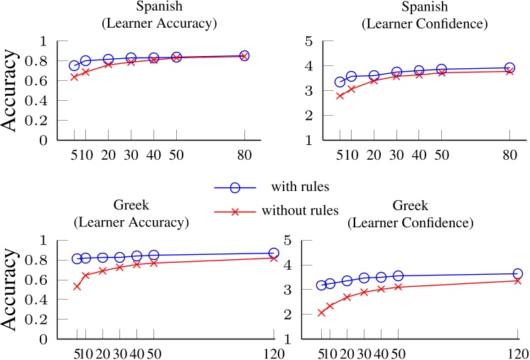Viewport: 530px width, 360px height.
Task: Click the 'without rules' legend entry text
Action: click(x=298, y=212)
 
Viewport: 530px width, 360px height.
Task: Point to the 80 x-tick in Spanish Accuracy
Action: click(x=244, y=156)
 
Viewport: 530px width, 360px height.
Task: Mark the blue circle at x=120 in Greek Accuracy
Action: click(x=274, y=253)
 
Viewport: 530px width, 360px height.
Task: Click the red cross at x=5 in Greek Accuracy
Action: click(x=77, y=286)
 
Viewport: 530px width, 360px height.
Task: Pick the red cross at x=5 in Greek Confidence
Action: click(x=321, y=312)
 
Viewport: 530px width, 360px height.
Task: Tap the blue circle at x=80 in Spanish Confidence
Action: click(x=509, y=68)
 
